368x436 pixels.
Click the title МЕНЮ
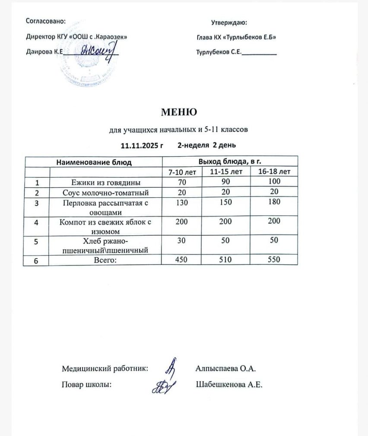point(179,112)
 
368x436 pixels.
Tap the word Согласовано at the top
point(46,21)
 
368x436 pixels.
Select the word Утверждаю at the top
point(229,22)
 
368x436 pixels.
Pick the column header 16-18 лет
point(274,172)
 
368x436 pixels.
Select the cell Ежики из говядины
point(106,182)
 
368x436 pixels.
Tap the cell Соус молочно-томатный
point(106,192)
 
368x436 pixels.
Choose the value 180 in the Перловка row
point(274,202)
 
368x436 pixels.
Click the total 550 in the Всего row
point(274,260)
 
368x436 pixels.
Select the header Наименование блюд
point(94,162)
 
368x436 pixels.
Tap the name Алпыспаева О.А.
point(226,369)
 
